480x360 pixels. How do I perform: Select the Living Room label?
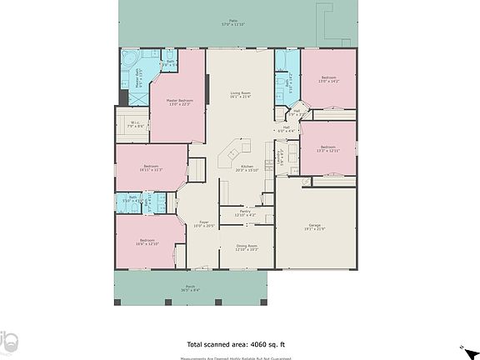coord(241,94)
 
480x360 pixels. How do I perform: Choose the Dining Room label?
coord(246,247)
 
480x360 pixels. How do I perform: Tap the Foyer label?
coord(204,224)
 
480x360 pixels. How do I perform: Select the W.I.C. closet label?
coord(135,126)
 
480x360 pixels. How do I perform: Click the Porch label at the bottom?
coord(190,287)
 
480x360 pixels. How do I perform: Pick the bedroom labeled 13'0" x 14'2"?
coord(328,80)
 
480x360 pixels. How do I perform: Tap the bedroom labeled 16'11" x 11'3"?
coord(151,168)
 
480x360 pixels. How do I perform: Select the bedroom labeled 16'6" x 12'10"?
coord(147,242)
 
